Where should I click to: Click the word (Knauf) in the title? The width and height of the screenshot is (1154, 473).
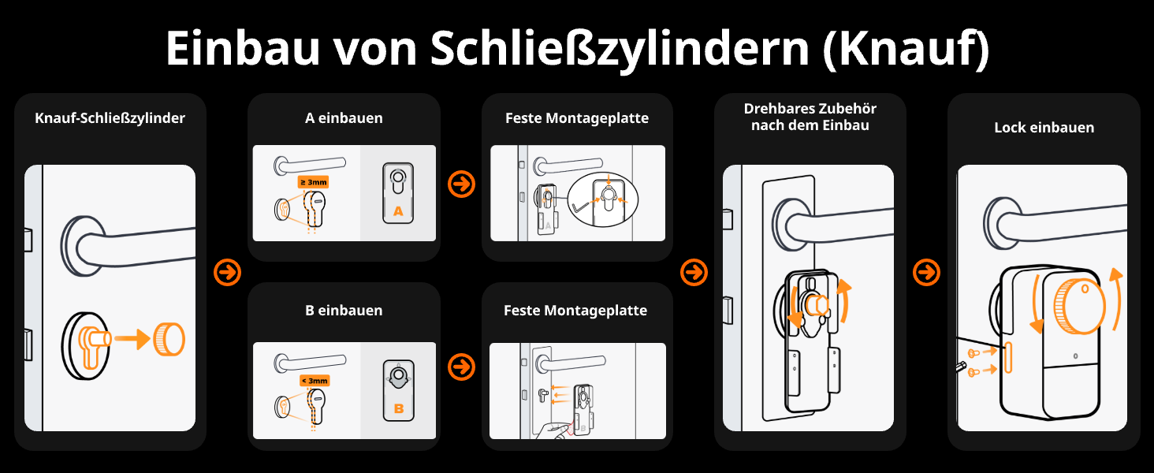[x=906, y=50]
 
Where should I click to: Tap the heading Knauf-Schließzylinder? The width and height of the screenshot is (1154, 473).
[x=110, y=118]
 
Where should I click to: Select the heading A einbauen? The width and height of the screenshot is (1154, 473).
[x=344, y=118]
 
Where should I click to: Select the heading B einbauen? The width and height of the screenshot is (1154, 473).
[x=344, y=311]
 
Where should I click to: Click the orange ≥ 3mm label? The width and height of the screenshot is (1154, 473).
[x=313, y=182]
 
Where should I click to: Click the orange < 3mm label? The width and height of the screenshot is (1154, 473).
[x=314, y=381]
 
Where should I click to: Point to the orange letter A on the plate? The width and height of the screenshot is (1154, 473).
[x=398, y=210]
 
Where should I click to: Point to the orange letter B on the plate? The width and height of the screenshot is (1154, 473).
[x=398, y=409]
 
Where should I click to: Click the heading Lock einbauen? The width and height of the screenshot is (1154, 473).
[x=1044, y=127]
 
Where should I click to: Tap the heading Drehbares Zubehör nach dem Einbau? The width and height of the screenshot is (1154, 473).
[x=810, y=117]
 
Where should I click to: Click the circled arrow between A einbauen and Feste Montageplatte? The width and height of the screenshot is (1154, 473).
[x=461, y=184]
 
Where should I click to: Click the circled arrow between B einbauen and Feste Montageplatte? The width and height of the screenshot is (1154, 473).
[x=461, y=367]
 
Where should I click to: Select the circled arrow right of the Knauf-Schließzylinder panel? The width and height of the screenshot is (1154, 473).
[x=227, y=273]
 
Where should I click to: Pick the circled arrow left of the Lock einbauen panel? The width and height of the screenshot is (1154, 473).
[x=927, y=273]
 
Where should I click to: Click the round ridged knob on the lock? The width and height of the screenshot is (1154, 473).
[x=1079, y=307]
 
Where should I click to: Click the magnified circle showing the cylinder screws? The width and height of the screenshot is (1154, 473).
[x=606, y=196]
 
